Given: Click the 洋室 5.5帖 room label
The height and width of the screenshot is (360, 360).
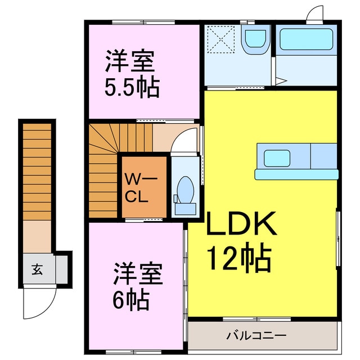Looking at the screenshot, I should click(x=131, y=74).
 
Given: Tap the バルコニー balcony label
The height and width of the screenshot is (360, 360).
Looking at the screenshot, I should click(x=256, y=336).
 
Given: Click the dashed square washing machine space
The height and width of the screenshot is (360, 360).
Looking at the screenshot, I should click(x=222, y=38).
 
